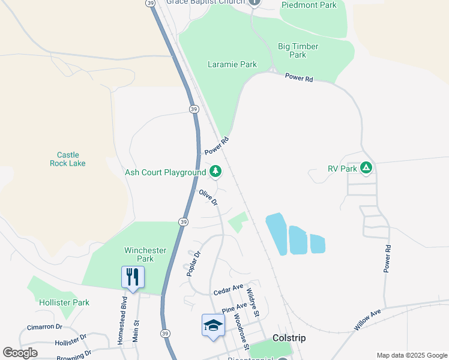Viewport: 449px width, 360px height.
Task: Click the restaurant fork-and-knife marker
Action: point(133,277)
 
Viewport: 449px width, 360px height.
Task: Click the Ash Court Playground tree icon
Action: point(215,172)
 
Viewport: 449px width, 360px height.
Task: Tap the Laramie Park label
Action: point(232,64)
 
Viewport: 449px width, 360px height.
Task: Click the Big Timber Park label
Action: point(298,50)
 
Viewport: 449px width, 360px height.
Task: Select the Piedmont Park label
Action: point(309,5)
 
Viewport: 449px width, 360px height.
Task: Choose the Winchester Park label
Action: point(139,254)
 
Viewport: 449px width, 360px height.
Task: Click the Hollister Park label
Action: point(64,302)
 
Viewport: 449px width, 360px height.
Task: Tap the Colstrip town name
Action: point(289,338)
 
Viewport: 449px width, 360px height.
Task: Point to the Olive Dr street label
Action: point(208,197)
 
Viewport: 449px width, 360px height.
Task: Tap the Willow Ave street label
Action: point(367,320)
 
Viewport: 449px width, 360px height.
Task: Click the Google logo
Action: point(20,353)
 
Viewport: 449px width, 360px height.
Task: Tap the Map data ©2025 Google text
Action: point(411,355)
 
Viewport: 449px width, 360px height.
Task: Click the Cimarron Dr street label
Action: point(44,327)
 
